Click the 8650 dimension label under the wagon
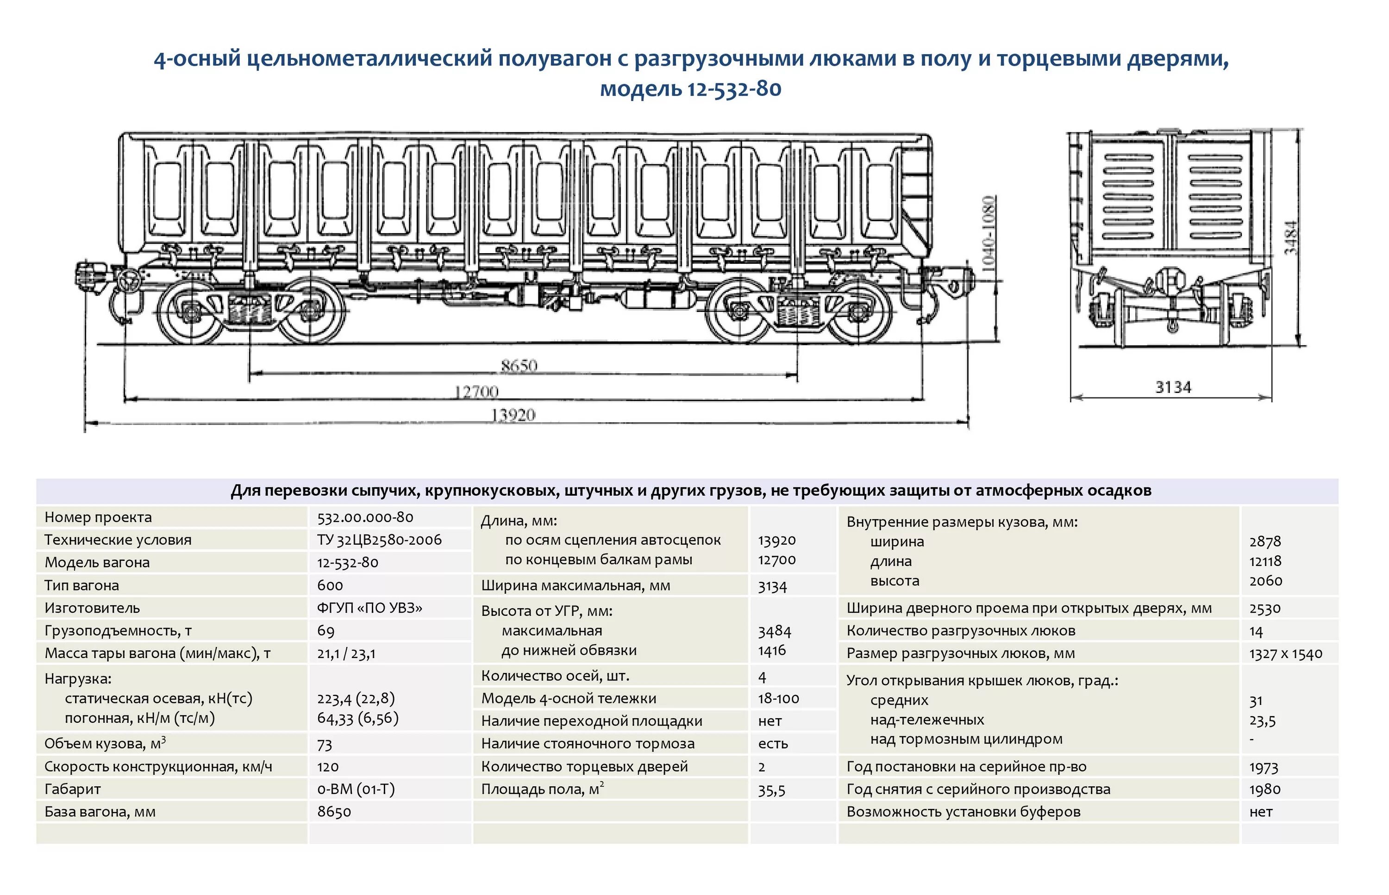click(519, 366)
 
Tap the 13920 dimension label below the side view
click(513, 415)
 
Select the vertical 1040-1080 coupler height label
click(988, 234)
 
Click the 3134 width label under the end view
click(1173, 387)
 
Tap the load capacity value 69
click(325, 631)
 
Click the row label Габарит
click(73, 789)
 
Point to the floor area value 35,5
click(771, 790)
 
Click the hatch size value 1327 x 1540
click(1285, 654)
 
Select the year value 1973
click(1264, 767)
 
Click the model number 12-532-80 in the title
click(734, 89)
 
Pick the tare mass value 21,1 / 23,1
click(346, 654)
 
